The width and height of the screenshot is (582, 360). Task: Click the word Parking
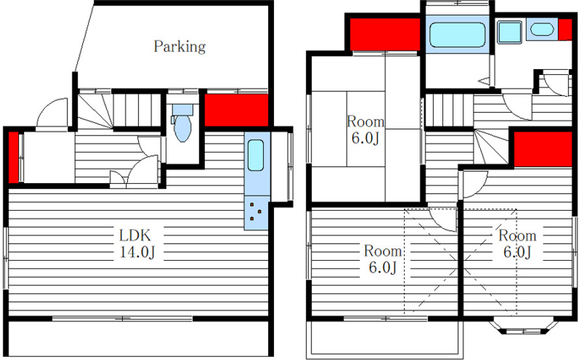pos(179,47)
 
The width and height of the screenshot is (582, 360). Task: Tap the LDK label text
pos(135,235)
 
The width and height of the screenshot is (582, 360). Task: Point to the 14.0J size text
pos(137,252)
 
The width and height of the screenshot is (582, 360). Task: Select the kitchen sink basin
pos(256,155)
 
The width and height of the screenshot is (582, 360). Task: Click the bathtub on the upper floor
pos(457,35)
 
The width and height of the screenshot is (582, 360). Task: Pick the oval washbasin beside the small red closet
pos(542,29)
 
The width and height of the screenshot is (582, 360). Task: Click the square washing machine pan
pos(510,31)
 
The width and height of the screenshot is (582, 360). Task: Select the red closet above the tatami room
pos(385,34)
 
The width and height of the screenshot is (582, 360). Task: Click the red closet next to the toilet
pos(236,110)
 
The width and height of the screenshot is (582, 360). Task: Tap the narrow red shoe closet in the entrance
pos(13,157)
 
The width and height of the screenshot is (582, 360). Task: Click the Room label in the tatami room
pos(365,121)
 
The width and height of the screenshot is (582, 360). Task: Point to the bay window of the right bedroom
pos(523,326)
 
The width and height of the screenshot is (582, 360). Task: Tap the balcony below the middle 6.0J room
pos(385,338)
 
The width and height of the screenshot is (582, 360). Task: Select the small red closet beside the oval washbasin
pos(565,29)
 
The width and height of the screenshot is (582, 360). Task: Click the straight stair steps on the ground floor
pos(138,110)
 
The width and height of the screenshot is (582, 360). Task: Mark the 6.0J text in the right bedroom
pos(517,252)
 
